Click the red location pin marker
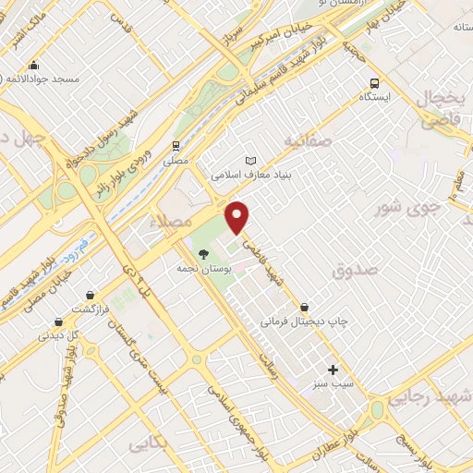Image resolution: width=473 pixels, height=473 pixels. click(x=238, y=217)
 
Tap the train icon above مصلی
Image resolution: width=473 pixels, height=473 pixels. click(x=175, y=146)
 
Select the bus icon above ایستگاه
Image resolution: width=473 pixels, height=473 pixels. click(x=374, y=82)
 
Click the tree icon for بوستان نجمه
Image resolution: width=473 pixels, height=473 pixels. click(x=203, y=254)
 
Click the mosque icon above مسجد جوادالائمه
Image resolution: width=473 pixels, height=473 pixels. click(x=34, y=66)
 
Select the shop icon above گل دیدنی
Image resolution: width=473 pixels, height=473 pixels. click(x=59, y=321)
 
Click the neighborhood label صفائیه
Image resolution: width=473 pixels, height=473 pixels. click(x=307, y=141)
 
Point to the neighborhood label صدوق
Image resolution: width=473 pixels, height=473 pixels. click(x=357, y=270)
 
